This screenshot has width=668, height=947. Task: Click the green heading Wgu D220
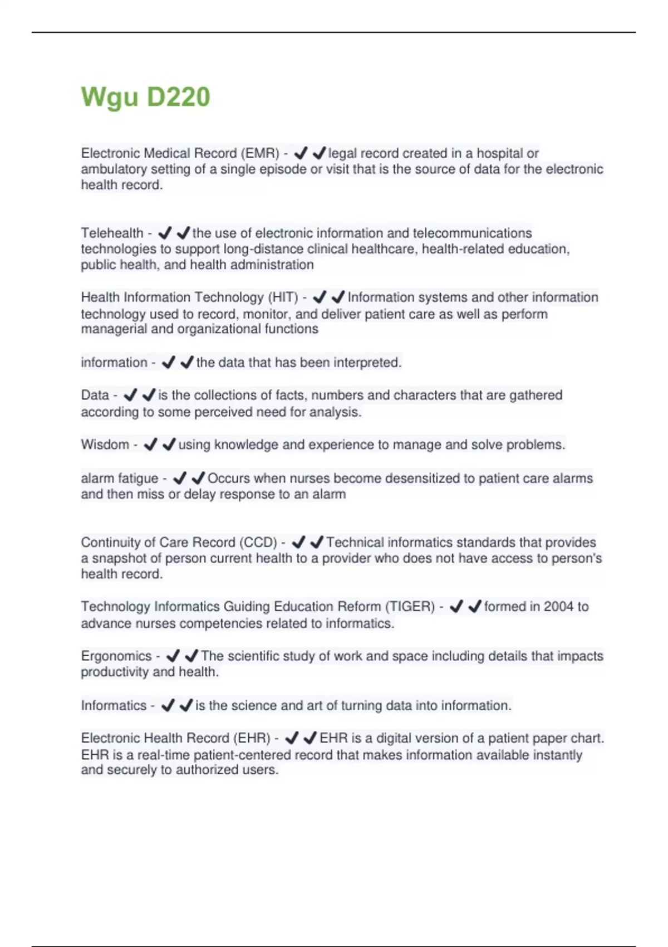pos(145,97)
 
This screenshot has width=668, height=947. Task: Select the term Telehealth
pos(112,233)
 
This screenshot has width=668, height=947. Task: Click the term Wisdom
pos(105,445)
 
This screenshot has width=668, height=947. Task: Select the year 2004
pos(558,607)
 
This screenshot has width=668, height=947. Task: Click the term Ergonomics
pos(116,656)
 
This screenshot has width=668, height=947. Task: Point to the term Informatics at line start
pos(114,706)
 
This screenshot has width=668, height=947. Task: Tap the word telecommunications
pos(472,233)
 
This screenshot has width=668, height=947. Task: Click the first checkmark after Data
pos(130,396)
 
